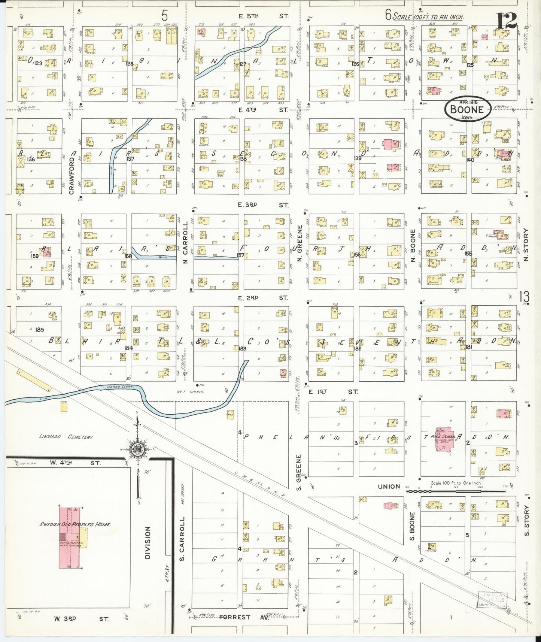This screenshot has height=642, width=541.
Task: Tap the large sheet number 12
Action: pyautogui.click(x=507, y=21)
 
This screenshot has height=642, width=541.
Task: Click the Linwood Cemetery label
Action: pyautogui.click(x=66, y=437)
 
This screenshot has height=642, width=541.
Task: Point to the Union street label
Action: pyautogui.click(x=389, y=487)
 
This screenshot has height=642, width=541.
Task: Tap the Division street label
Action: pyautogui.click(x=148, y=543)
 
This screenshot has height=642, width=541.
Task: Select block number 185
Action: pyautogui.click(x=39, y=330)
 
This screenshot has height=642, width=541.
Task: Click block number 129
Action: pyautogui.click(x=38, y=63)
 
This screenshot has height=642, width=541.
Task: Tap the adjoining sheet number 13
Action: pyautogui.click(x=525, y=297)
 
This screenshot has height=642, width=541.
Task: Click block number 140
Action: pyautogui.click(x=470, y=160)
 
